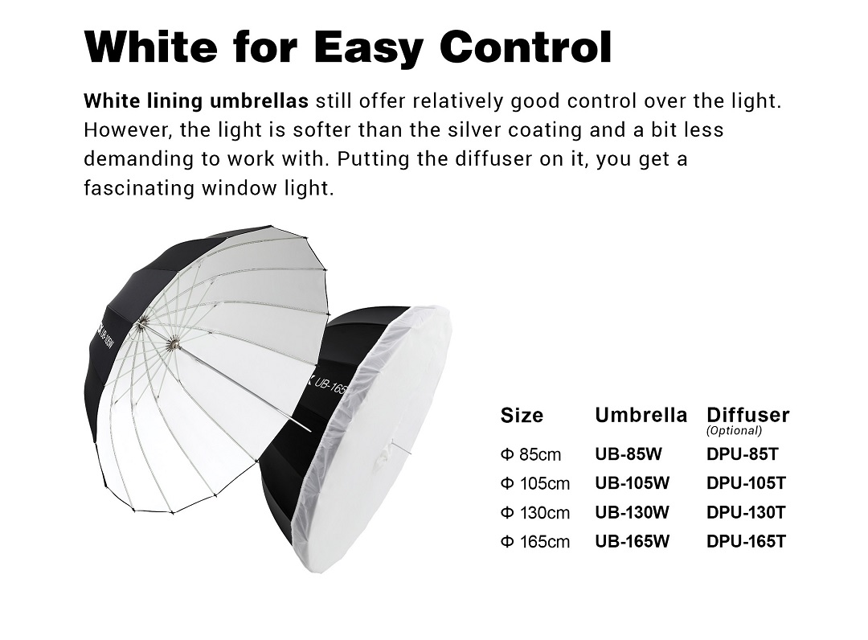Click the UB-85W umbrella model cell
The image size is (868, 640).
pyautogui.click(x=628, y=454)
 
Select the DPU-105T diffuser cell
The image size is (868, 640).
pyautogui.click(x=746, y=483)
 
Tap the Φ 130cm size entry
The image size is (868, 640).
pyautogui.click(x=534, y=513)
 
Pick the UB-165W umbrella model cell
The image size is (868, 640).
pyautogui.click(x=633, y=541)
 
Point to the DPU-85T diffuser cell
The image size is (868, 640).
pyautogui.click(x=743, y=454)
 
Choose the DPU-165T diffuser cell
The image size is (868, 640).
pyautogui.click(x=746, y=541)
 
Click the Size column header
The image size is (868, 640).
pyautogui.click(x=522, y=415)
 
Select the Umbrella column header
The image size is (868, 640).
pyautogui.click(x=641, y=415)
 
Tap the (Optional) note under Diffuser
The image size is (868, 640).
pyautogui.click(x=734, y=431)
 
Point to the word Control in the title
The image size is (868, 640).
pyautogui.click(x=526, y=45)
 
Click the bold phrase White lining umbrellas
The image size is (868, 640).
pyautogui.click(x=196, y=101)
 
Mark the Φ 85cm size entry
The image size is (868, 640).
pyautogui.click(x=531, y=454)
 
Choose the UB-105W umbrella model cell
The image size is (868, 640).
pyautogui.click(x=633, y=483)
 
